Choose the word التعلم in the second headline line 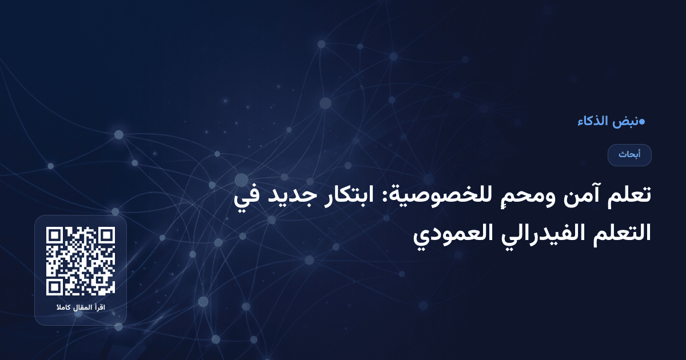[621, 233]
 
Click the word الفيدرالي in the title [534, 233]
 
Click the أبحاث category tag [629, 155]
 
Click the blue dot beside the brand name [642, 121]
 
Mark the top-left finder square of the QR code [55, 236]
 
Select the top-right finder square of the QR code [106, 236]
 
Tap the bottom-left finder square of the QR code [55, 287]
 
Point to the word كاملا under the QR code [63, 309]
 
